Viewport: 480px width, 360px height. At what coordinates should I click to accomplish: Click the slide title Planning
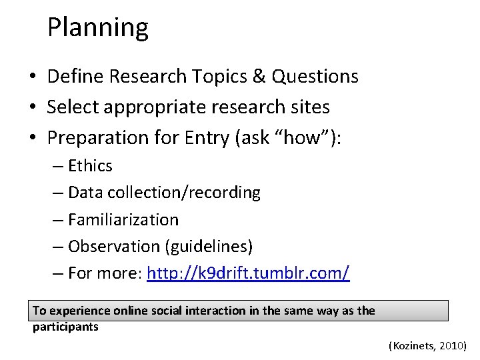[x=98, y=28]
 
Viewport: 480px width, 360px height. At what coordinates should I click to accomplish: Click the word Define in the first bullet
[x=76, y=77]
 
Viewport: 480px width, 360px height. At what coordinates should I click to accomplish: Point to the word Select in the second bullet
[x=73, y=107]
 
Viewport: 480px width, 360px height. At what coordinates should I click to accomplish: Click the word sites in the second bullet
[x=308, y=107]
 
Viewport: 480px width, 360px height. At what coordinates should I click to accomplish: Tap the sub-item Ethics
[x=90, y=165]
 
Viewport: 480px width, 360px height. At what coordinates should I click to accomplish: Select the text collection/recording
[x=194, y=193]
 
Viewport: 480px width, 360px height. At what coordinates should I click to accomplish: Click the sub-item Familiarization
[x=123, y=219]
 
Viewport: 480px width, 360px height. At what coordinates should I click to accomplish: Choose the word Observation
[x=114, y=247]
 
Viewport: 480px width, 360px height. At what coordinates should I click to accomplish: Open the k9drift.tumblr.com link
[x=248, y=273]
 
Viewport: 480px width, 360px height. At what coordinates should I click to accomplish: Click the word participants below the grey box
[x=65, y=327]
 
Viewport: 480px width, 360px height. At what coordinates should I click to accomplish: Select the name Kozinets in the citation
[x=413, y=346]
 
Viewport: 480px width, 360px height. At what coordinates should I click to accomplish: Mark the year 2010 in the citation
[x=453, y=346]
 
